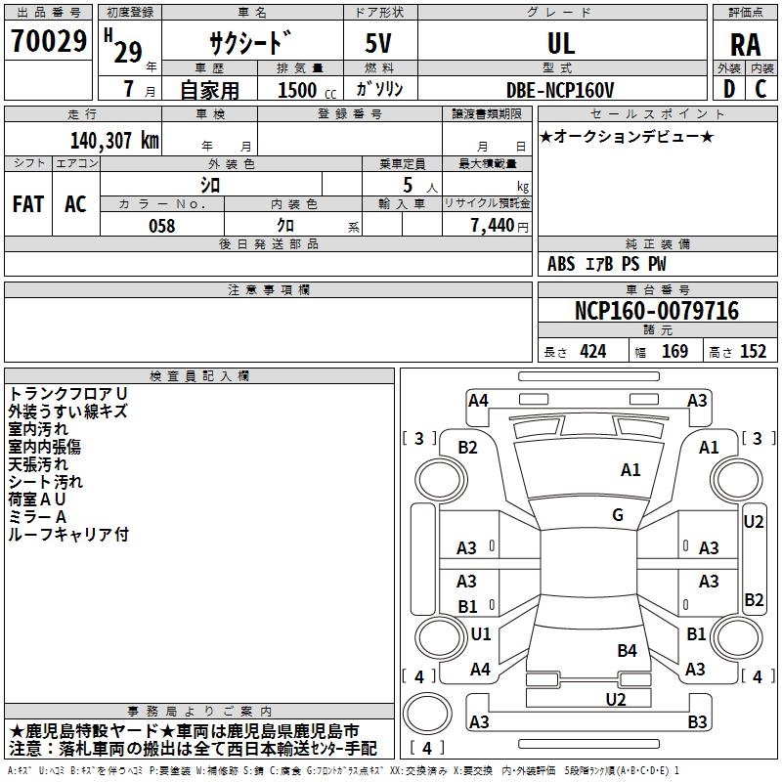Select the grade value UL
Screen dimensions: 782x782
pyautogui.click(x=561, y=43)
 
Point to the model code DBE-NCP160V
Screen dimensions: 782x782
pyautogui.click(x=561, y=90)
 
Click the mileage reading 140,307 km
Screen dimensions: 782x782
pyautogui.click(x=114, y=140)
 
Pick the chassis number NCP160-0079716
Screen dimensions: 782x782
pyautogui.click(x=657, y=312)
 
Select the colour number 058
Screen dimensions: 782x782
pyautogui.click(x=161, y=226)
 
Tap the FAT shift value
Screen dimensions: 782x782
pyautogui.click(x=28, y=204)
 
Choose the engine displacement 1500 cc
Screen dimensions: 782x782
pyautogui.click(x=299, y=91)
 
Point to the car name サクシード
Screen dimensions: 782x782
pyautogui.click(x=249, y=43)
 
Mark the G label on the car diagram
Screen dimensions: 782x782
pyautogui.click(x=618, y=515)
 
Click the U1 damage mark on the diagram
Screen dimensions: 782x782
pyautogui.click(x=481, y=633)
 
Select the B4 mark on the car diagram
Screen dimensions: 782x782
pyautogui.click(x=627, y=650)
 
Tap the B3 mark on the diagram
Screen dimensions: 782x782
pyautogui.click(x=697, y=722)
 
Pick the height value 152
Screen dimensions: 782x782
pyautogui.click(x=752, y=352)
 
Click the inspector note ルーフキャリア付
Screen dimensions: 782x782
pyautogui.click(x=68, y=535)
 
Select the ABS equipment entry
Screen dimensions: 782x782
pyautogui.click(x=561, y=264)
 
